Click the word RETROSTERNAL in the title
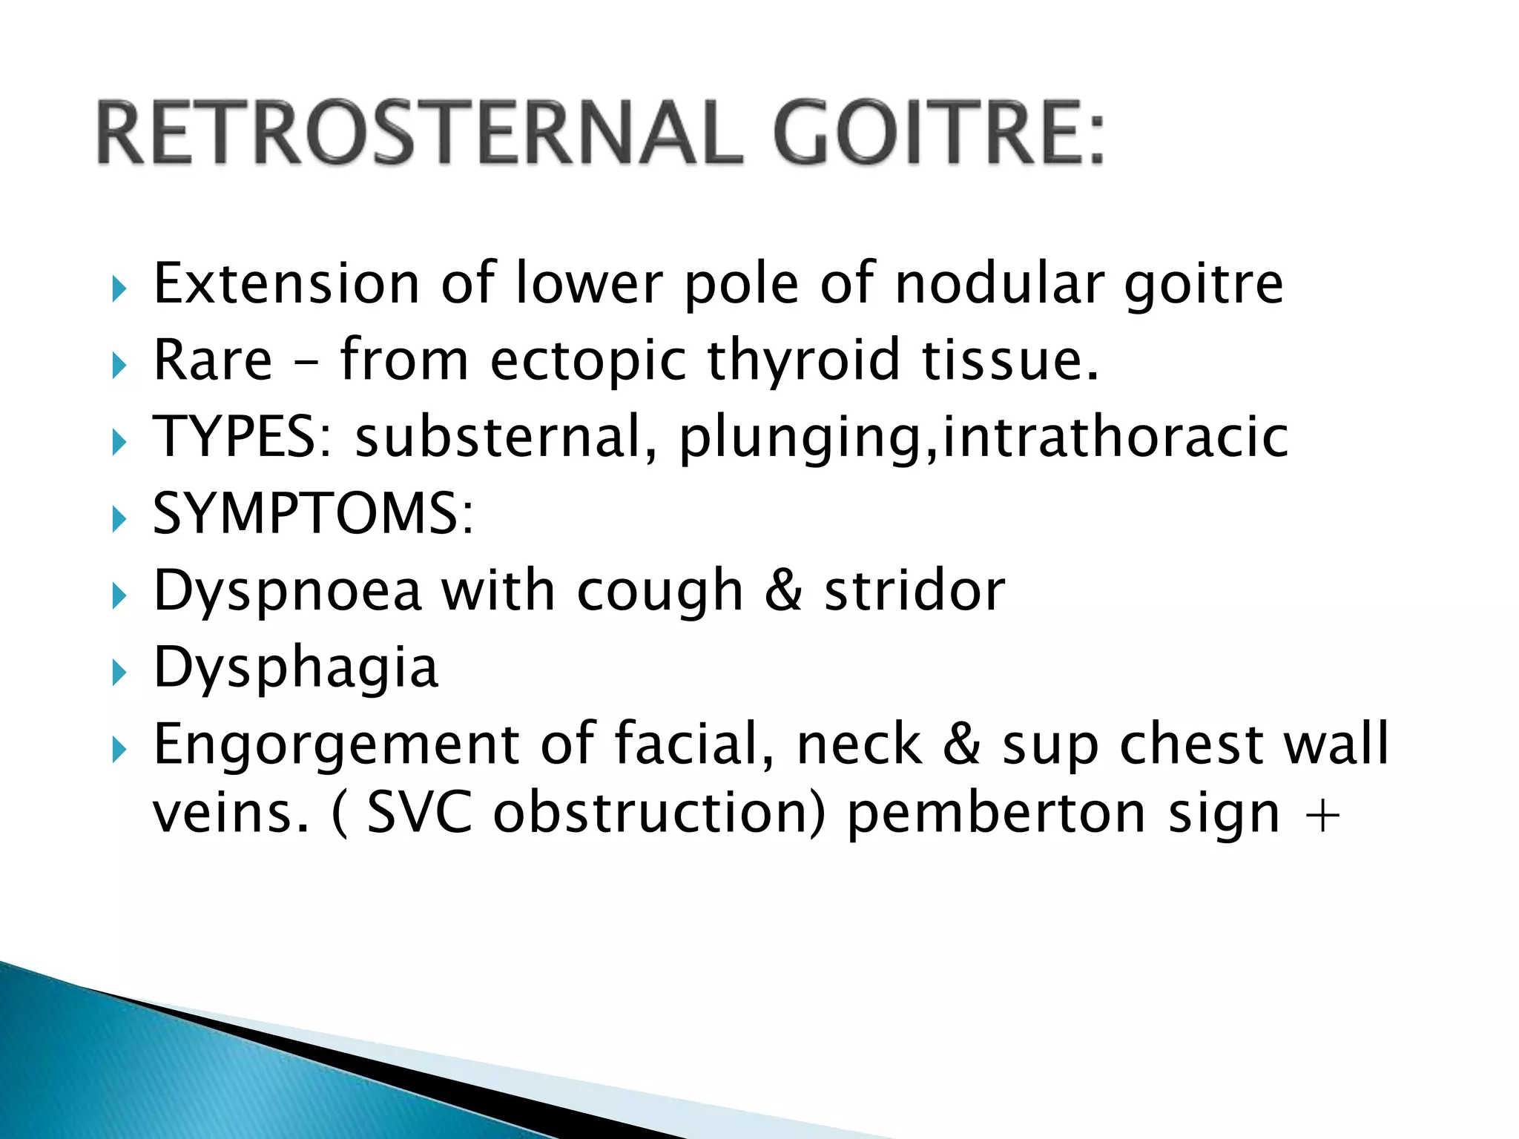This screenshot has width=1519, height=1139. (x=420, y=133)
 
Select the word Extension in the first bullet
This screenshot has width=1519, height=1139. (x=286, y=283)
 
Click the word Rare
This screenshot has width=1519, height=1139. (x=214, y=360)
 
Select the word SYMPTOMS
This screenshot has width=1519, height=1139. (x=312, y=513)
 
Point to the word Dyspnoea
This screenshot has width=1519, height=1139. (x=287, y=591)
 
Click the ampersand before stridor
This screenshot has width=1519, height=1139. (x=783, y=591)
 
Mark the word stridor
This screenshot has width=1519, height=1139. (x=915, y=591)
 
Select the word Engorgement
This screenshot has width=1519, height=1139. (x=337, y=745)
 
